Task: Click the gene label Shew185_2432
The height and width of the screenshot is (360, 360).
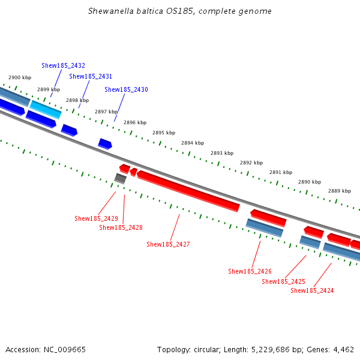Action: (x=63, y=65)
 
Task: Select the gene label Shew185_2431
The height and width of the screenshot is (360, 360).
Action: (x=91, y=76)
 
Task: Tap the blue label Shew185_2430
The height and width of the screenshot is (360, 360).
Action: (x=126, y=89)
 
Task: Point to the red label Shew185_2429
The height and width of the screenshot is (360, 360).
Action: (x=96, y=218)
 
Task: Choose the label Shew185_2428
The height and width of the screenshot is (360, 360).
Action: (x=121, y=227)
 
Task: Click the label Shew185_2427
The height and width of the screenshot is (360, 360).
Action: (x=168, y=244)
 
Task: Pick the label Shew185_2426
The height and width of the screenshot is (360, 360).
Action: (x=250, y=271)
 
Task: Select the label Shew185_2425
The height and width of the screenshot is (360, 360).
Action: (x=283, y=281)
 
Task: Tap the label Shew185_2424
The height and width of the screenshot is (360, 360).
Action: (x=312, y=290)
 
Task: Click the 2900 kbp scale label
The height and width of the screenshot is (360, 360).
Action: (x=19, y=78)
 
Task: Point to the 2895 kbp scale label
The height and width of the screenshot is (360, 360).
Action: (x=164, y=133)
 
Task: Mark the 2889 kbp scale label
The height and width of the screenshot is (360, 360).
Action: (x=339, y=191)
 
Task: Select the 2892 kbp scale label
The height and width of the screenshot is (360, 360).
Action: (x=251, y=163)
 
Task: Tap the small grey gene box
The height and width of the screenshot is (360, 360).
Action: (x=120, y=178)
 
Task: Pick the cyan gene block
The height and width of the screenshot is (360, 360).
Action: (x=46, y=109)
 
